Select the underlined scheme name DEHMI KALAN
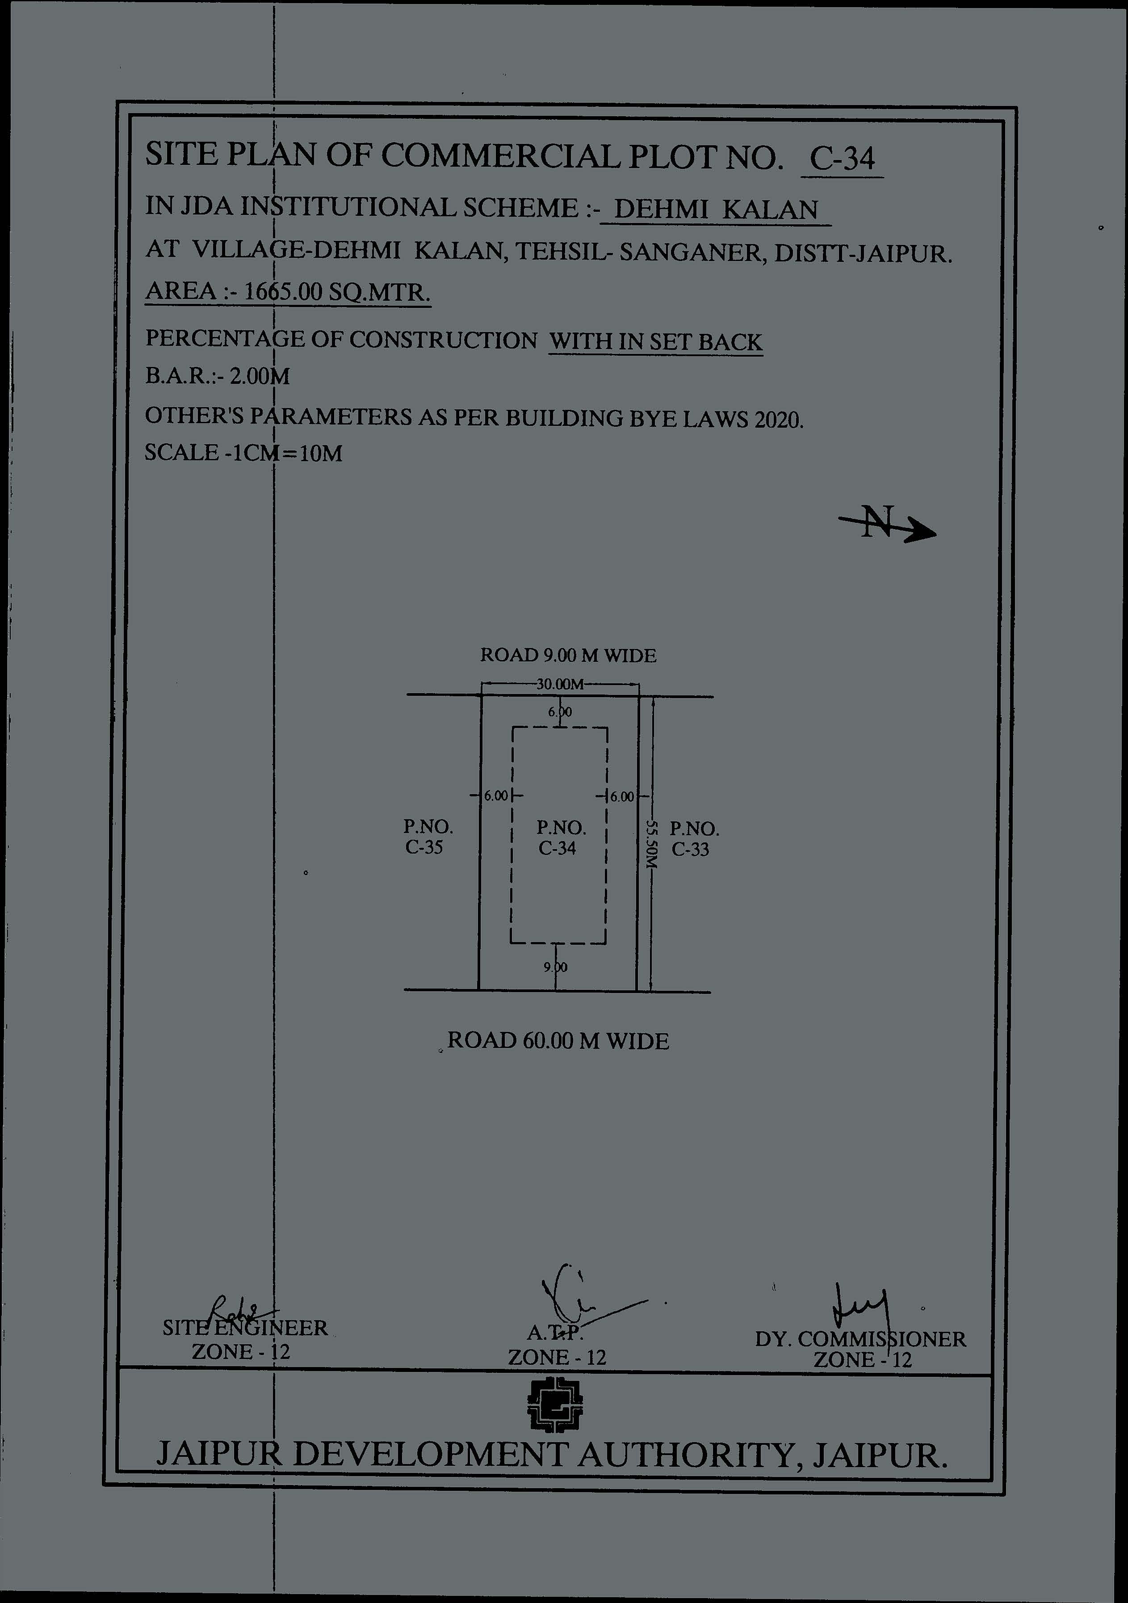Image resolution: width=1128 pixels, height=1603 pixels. [717, 210]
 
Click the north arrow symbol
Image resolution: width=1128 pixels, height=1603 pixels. [886, 524]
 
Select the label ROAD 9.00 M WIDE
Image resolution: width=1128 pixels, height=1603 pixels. [568, 656]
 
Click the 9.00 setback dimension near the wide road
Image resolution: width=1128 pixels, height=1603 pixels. [556, 968]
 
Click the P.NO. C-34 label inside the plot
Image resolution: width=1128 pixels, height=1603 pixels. [561, 838]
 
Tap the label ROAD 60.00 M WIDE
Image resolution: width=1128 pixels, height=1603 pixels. [558, 1041]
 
